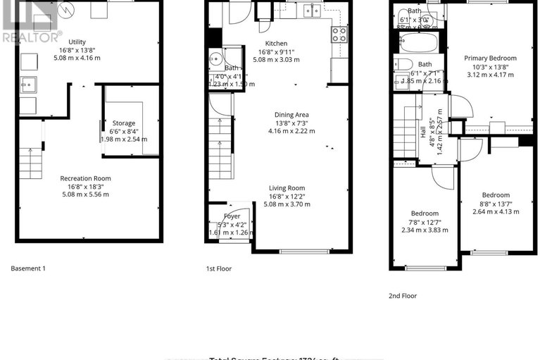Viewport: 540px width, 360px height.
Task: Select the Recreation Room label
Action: (85, 178)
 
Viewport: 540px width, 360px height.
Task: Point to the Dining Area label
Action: (291, 114)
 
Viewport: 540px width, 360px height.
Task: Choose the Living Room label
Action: (286, 187)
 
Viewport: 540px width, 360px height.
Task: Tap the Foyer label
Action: (232, 216)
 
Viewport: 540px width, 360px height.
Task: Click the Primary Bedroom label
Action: (490, 58)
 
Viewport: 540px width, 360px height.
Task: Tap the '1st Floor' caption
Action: (219, 268)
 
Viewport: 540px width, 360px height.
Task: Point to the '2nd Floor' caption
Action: (403, 296)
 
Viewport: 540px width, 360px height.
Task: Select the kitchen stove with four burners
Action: (339, 35)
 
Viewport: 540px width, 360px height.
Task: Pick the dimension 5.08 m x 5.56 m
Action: (85, 194)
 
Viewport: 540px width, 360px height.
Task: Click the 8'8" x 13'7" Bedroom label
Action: (496, 195)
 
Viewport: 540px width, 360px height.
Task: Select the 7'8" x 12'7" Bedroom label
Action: (425, 213)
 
